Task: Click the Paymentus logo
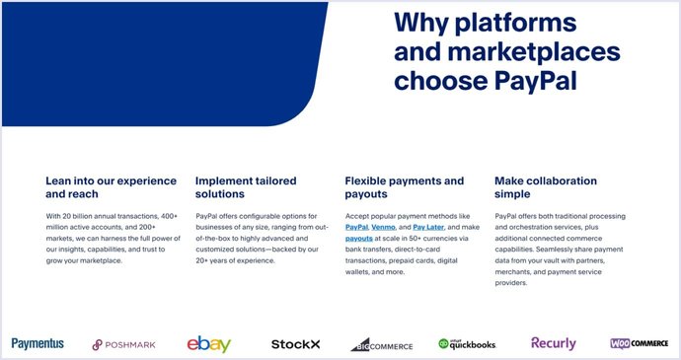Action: click(38, 343)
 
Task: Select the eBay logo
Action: click(209, 343)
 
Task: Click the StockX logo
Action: click(296, 344)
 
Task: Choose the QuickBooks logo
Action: click(467, 343)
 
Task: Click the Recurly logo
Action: click(554, 343)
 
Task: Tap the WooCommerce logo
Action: click(639, 343)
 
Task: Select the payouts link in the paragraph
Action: click(359, 239)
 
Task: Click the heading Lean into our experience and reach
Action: click(111, 187)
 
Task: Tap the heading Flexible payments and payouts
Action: click(404, 187)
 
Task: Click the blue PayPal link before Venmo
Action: click(356, 227)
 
